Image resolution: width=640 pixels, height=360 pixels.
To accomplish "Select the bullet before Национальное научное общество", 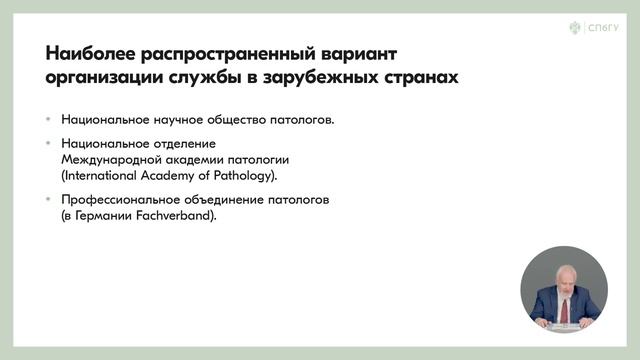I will [x=49, y=120].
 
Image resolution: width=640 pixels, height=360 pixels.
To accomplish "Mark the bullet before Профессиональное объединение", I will [x=49, y=200].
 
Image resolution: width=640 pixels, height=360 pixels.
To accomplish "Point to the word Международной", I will [x=107, y=160].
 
